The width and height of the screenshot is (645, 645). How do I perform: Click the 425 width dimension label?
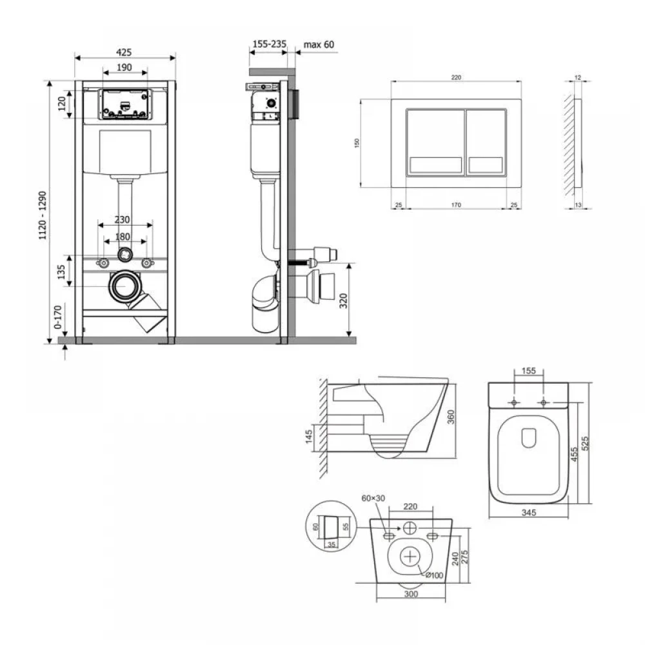(x=124, y=52)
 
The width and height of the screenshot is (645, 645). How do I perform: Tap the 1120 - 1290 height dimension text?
(x=43, y=215)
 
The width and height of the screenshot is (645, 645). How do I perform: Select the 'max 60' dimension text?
(x=319, y=45)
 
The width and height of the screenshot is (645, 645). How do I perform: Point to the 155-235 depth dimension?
(x=269, y=44)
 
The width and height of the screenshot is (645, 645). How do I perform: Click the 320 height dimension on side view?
(x=344, y=301)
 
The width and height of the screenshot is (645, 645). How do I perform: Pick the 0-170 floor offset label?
(x=58, y=317)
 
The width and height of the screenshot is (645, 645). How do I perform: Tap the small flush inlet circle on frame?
(x=124, y=254)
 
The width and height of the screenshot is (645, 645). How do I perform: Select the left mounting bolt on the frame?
(x=103, y=263)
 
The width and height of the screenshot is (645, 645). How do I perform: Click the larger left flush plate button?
(x=435, y=143)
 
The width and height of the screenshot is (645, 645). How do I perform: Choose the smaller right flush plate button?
(x=486, y=143)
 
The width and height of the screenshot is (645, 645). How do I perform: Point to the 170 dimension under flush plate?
(x=456, y=204)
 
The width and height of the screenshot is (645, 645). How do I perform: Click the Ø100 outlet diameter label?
(x=434, y=575)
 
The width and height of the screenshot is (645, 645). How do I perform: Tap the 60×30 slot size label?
(x=373, y=498)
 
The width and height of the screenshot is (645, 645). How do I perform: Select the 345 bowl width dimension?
(x=529, y=513)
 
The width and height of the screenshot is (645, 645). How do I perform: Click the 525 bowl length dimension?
(x=586, y=443)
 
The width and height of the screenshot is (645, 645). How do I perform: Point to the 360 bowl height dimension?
(x=451, y=417)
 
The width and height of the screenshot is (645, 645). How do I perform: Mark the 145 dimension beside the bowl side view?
(x=309, y=437)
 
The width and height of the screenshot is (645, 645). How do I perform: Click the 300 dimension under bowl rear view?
(x=411, y=593)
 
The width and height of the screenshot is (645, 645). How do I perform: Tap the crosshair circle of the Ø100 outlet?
(x=411, y=557)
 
